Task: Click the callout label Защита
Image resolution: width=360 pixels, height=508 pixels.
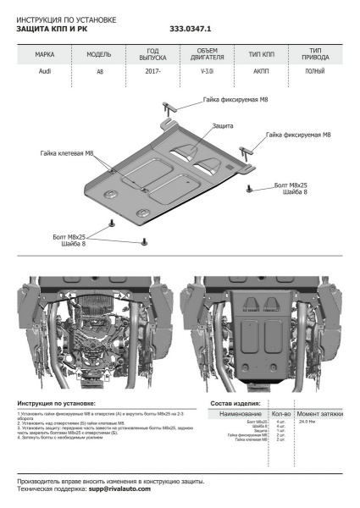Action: click(x=224, y=124)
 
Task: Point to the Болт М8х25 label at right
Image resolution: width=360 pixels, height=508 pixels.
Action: click(x=293, y=184)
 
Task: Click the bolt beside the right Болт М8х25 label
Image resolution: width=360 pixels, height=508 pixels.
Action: click(x=249, y=185)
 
